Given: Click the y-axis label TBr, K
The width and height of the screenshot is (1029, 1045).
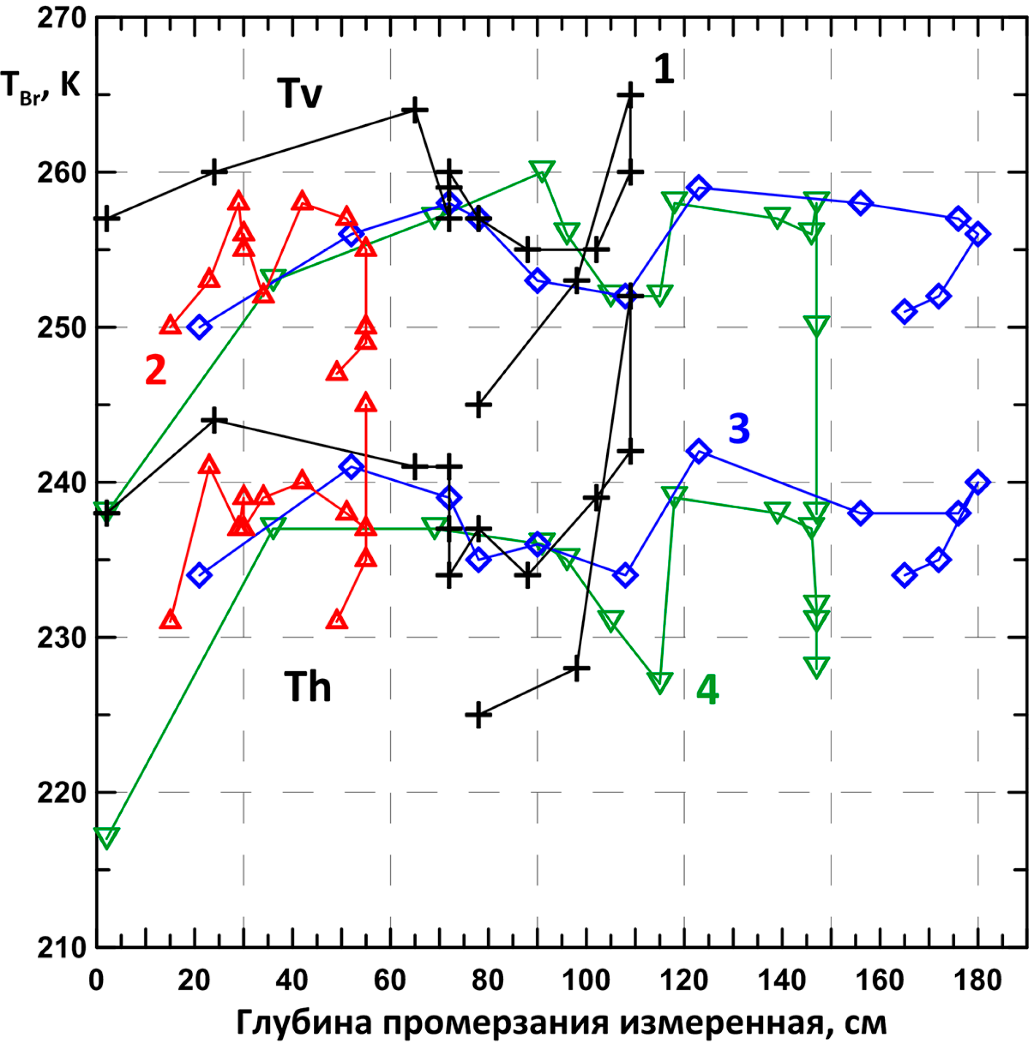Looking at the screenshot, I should tap(40, 87).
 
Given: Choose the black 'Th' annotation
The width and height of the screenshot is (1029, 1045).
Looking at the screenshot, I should tap(307, 687).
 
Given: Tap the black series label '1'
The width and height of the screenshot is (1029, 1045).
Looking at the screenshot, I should tap(664, 69).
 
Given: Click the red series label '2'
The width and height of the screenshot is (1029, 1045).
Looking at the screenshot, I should tap(156, 370).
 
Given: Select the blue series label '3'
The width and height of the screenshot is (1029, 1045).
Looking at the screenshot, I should tap(739, 428).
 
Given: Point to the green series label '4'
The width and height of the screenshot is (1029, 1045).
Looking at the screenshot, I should tap(707, 691).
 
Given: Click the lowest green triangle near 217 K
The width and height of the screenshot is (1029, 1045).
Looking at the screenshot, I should tap(106, 838).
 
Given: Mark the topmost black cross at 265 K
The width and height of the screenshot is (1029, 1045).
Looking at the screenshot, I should tap(630, 95).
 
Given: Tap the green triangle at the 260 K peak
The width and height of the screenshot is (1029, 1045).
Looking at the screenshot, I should tap(542, 171).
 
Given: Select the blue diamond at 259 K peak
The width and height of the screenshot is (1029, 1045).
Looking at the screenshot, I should tap(699, 187).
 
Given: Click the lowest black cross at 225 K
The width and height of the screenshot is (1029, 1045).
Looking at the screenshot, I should tap(478, 715).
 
